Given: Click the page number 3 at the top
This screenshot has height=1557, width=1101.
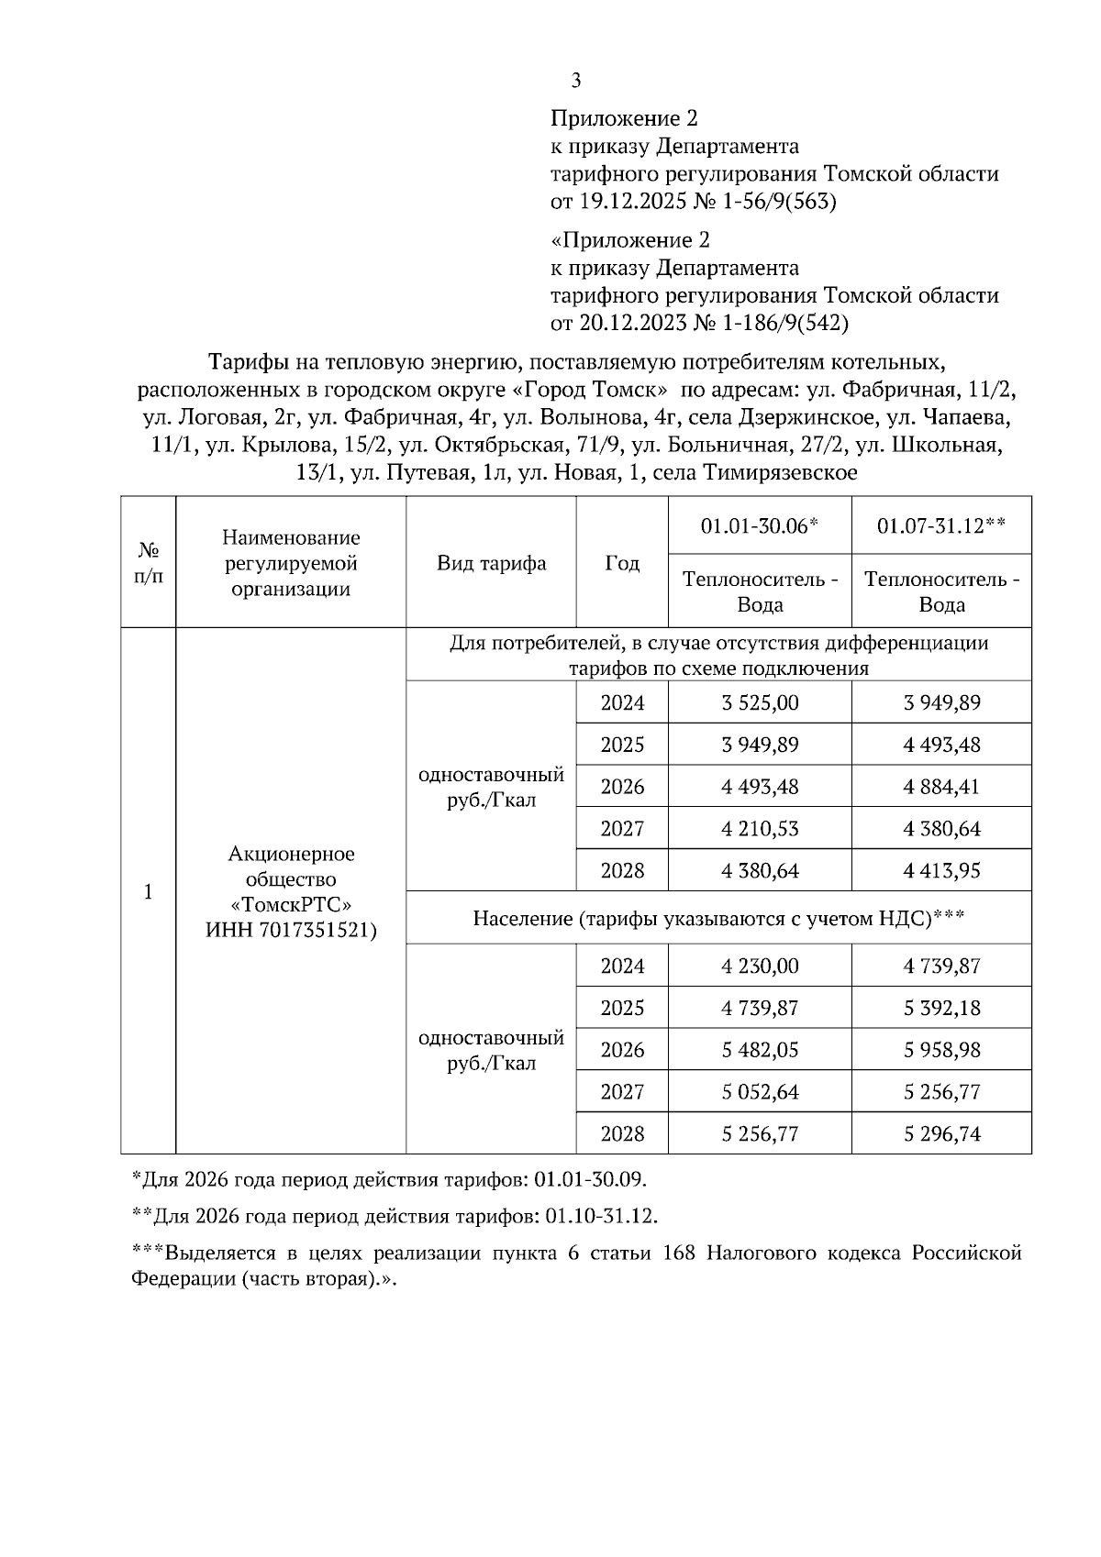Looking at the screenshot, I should click(x=576, y=82).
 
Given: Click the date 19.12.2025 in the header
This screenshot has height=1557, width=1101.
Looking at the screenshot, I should click(x=632, y=202).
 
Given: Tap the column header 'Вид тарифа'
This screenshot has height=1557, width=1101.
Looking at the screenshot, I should click(x=491, y=563).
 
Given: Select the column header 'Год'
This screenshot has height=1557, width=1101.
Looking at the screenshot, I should click(x=622, y=563).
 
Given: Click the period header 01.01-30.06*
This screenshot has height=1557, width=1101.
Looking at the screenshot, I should click(x=760, y=525).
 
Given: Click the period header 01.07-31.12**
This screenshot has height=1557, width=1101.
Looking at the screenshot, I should click(x=941, y=525).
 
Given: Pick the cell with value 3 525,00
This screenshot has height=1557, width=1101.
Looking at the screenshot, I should click(x=760, y=703).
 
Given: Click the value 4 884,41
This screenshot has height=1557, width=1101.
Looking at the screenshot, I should click(x=941, y=787).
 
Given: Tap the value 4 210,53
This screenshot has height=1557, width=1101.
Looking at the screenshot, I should click(x=760, y=829).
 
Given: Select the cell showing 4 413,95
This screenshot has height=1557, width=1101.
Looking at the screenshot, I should click(x=941, y=870).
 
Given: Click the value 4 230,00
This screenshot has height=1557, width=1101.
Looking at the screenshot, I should click(x=760, y=966).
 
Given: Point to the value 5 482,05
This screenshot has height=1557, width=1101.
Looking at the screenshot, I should click(x=760, y=1050).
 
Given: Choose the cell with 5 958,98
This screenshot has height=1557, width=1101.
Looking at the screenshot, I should click(x=941, y=1050).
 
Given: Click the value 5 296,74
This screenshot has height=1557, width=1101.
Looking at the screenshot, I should click(x=941, y=1134).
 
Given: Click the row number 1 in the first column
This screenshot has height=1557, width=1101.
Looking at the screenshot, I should click(x=148, y=892).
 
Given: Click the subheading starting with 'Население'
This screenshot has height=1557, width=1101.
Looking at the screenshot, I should click(x=718, y=918).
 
